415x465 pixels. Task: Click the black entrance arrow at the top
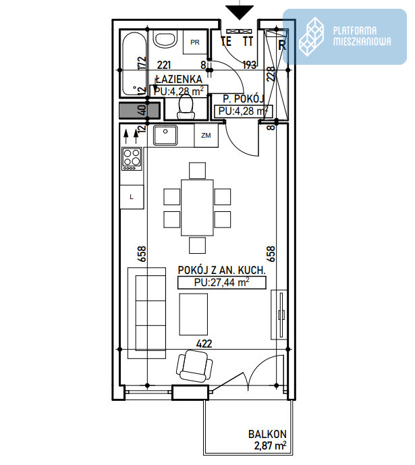pos(240,12)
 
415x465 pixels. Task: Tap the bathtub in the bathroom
pos(134,63)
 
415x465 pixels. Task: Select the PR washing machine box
pos(195,42)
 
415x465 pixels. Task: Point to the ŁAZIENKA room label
pos(179,79)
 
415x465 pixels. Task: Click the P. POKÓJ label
pos(243,99)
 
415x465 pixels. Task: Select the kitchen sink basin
pos(165,135)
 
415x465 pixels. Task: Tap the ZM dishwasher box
pos(206,136)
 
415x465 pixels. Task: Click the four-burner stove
pos(132,159)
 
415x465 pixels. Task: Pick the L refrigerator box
pos(132,197)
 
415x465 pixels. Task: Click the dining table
pos(197,208)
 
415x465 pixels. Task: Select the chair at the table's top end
pos(197,171)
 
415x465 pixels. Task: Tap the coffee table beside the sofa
pos(193,314)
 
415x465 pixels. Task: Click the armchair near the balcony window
pos(194,366)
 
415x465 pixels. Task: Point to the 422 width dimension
pos(204,344)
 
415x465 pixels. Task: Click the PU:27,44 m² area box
pos(222,283)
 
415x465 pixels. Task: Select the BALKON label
pos(267,435)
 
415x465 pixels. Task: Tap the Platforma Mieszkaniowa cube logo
pos(311,36)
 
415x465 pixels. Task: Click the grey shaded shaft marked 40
pos(140,110)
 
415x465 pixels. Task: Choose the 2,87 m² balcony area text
pos(270,445)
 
